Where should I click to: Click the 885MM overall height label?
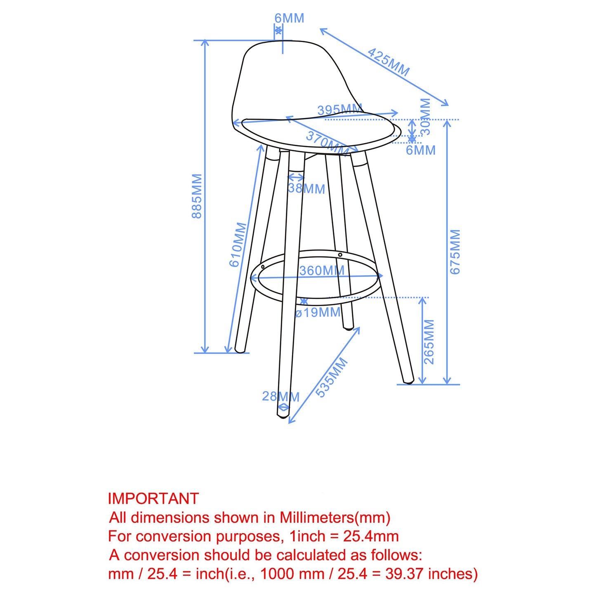(197, 196)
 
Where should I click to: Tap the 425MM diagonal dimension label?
(388, 62)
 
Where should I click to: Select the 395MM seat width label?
(339, 110)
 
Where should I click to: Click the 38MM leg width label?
(306, 189)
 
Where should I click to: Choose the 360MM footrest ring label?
(322, 271)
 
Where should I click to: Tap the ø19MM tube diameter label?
(318, 313)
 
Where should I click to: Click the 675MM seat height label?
(455, 252)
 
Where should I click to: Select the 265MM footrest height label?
(429, 342)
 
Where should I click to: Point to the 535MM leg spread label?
(332, 378)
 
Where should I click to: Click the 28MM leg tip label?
(280, 396)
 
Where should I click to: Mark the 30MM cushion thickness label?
(425, 117)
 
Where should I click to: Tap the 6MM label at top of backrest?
(290, 18)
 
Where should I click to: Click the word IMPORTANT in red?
(153, 499)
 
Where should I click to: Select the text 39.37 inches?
(431, 574)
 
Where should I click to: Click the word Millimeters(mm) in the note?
(335, 518)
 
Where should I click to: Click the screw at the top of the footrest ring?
(340, 255)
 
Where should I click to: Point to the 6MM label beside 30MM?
(421, 150)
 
